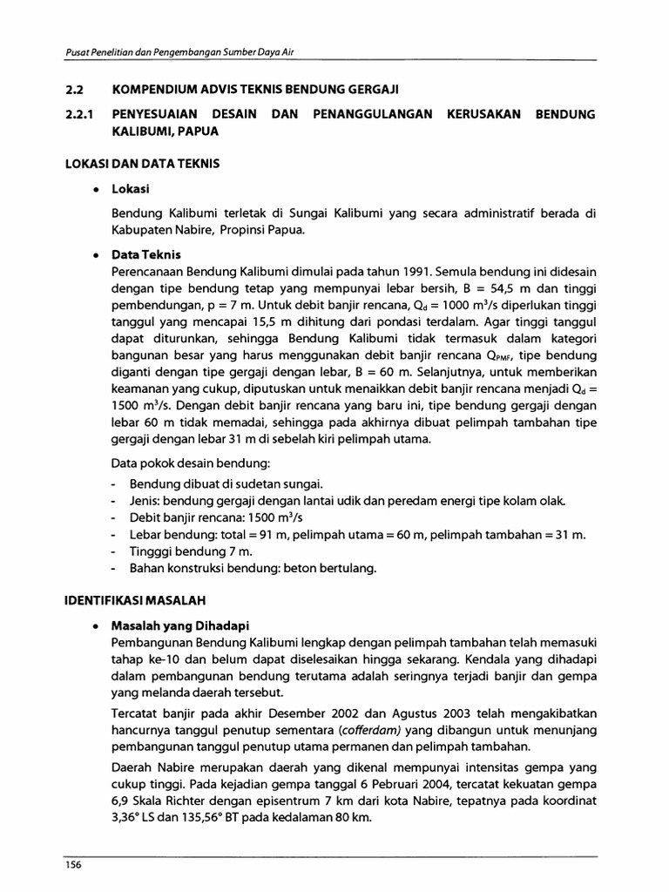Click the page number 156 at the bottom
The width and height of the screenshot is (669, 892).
point(72,863)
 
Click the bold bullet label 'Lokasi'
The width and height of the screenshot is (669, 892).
point(131,188)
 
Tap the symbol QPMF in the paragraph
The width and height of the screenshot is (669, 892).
point(517,357)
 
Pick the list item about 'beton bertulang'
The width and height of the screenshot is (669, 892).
point(253,569)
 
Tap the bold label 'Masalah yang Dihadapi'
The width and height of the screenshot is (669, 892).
point(178,625)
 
